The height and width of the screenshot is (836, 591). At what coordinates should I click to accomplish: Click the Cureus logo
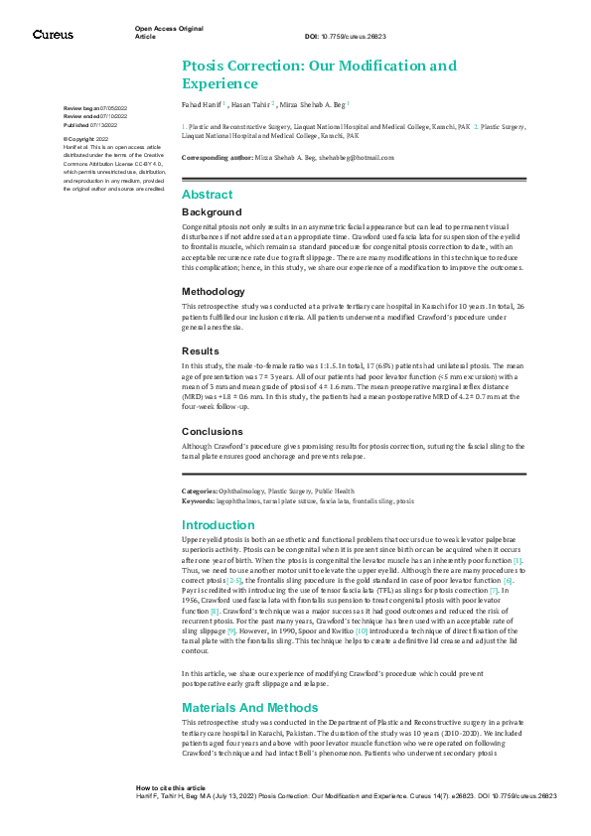coord(53,35)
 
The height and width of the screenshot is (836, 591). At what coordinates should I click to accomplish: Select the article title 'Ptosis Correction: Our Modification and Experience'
coord(319,74)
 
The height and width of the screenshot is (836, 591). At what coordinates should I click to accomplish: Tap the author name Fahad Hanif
coord(203,103)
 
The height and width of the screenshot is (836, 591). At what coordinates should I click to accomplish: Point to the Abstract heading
coord(207,195)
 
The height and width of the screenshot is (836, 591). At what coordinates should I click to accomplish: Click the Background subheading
coord(211,212)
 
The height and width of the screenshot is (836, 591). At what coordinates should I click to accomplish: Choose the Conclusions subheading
coord(213,432)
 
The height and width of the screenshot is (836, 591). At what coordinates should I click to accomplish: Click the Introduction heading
coord(218,525)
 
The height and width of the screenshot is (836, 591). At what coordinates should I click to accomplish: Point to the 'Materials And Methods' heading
coord(250,708)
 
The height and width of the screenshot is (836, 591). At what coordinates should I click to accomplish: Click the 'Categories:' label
coord(201,491)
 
